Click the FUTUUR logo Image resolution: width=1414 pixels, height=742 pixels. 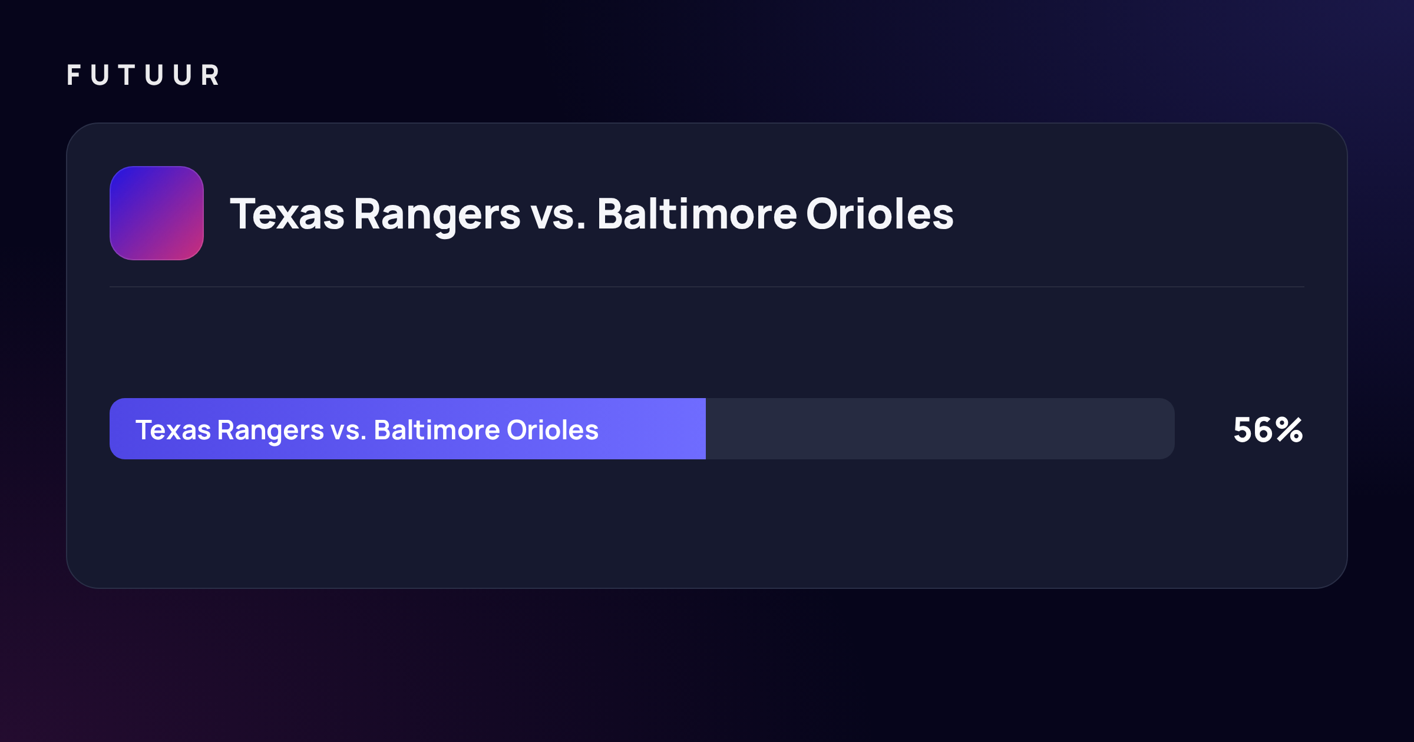coord(143,75)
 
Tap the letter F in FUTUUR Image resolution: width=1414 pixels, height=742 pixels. coord(74,75)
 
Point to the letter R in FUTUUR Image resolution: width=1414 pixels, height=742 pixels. coord(210,75)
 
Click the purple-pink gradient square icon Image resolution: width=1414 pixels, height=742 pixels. coord(157,213)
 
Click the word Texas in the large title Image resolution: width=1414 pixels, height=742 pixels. coord(287,214)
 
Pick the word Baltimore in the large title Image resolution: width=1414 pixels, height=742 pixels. coord(697,213)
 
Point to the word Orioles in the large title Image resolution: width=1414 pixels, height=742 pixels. coord(880,213)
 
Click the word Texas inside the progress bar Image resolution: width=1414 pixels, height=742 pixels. coord(173,430)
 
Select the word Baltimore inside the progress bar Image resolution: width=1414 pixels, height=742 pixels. coord(437,430)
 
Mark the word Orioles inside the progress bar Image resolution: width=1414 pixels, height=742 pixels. coord(553,430)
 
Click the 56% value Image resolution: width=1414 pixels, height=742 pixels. coord(1268,430)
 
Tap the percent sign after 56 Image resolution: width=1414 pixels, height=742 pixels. coord(1289,430)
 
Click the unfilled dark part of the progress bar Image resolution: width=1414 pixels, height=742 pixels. coord(940,429)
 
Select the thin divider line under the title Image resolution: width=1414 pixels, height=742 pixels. coord(707,287)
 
